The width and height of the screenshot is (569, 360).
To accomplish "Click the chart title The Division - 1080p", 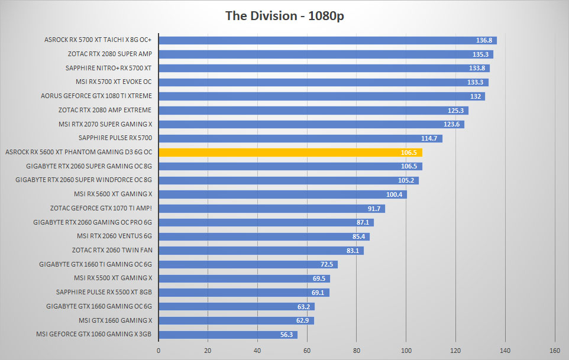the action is coord(284,16).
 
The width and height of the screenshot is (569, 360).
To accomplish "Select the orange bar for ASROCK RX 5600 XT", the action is coord(290,153).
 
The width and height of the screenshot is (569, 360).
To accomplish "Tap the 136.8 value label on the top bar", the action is coord(484,40).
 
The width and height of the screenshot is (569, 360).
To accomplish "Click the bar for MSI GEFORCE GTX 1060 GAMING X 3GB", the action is coord(228,335).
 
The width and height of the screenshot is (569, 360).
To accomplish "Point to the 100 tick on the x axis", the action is coord(406,351).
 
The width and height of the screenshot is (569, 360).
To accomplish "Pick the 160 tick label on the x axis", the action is coord(554,351).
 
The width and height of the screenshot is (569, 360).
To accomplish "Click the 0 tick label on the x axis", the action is coord(158,351).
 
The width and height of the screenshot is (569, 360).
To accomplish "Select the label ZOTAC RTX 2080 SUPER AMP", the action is coord(110,54).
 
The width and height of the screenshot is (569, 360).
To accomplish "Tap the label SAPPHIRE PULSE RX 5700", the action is coord(115,138).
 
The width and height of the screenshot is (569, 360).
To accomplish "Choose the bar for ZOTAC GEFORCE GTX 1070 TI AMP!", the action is coord(272,209).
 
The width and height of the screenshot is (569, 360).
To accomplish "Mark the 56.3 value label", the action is coord(286,335).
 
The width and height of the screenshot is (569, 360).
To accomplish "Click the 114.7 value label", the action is coord(429,138).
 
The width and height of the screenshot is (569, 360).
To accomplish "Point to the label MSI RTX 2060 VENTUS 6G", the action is coord(114,236).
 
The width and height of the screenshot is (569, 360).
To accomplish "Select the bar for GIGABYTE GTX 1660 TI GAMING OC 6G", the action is coord(248,265).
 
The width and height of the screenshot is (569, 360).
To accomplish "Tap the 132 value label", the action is coord(476,96).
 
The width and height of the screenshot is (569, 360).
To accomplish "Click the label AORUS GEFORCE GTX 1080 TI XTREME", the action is coord(96,96).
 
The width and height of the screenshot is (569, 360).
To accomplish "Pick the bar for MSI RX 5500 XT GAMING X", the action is coord(244,278).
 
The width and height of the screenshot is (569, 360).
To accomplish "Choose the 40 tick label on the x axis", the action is coord(257,351).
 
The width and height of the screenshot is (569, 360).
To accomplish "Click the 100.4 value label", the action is coord(394,194).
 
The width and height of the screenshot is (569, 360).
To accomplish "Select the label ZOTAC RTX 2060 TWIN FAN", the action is coord(112,250).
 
